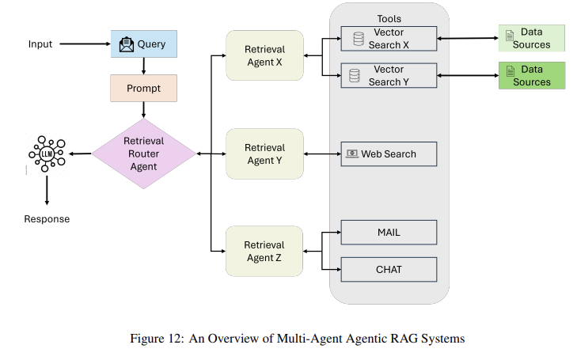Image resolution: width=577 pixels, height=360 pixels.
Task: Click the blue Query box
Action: pyautogui.click(x=143, y=44)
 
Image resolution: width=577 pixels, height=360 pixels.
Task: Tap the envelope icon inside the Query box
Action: pyautogui.click(x=127, y=44)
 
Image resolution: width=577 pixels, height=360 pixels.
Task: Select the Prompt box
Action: pyautogui.click(x=143, y=89)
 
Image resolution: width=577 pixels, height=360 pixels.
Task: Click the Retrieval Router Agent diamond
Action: pyautogui.click(x=143, y=153)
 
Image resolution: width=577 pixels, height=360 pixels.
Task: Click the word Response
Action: pyautogui.click(x=46, y=219)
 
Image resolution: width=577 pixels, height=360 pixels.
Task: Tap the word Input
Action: pyautogui.click(x=40, y=44)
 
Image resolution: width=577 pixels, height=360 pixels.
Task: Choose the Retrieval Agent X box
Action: pyautogui.click(x=264, y=55)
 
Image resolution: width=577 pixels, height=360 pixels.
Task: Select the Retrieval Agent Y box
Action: pyautogui.click(x=264, y=153)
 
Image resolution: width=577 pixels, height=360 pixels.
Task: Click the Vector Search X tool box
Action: pyautogui.click(x=389, y=39)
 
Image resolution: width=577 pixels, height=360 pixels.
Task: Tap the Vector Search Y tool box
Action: pyautogui.click(x=389, y=76)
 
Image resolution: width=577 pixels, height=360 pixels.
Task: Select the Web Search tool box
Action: pyautogui.click(x=389, y=153)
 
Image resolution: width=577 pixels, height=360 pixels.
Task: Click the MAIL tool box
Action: pyautogui.click(x=389, y=232)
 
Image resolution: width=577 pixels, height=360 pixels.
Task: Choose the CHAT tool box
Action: pyautogui.click(x=389, y=270)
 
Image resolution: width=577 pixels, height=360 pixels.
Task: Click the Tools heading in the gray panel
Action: pyautogui.click(x=389, y=17)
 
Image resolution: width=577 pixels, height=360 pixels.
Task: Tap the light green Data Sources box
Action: pyautogui.click(x=531, y=38)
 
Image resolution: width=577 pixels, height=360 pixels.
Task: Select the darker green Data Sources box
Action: pyautogui.click(x=531, y=75)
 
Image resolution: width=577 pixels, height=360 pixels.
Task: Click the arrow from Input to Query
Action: pyautogui.click(x=84, y=44)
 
